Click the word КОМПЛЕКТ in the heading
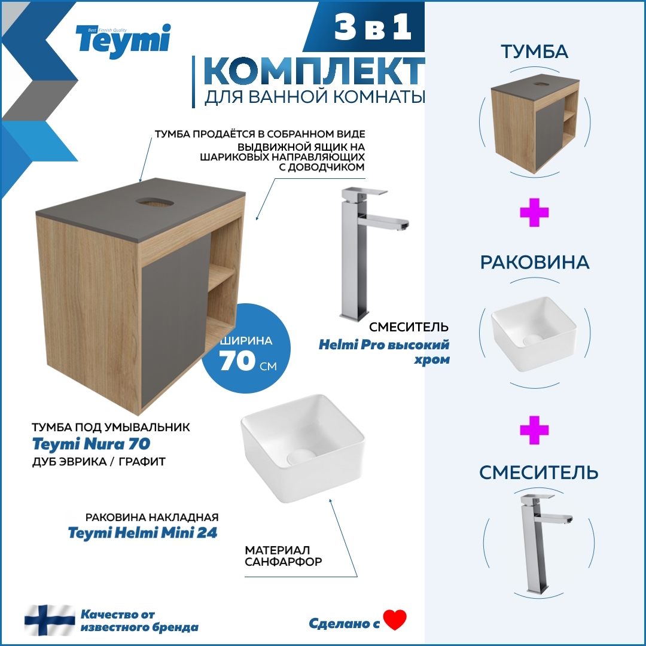pyautogui.click(x=314, y=72)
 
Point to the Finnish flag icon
pyautogui.click(x=50, y=620)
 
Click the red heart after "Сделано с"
pyautogui.click(x=395, y=620)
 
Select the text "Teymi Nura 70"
pyautogui.click(x=91, y=444)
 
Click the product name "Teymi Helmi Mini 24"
pyautogui.click(x=142, y=533)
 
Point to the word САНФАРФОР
pyautogui.click(x=284, y=562)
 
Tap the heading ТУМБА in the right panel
pyautogui.click(x=534, y=52)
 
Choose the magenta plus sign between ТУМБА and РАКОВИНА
pyautogui.click(x=534, y=214)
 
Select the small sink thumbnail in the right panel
pyautogui.click(x=534, y=333)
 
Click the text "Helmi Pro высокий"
pyautogui.click(x=383, y=345)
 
